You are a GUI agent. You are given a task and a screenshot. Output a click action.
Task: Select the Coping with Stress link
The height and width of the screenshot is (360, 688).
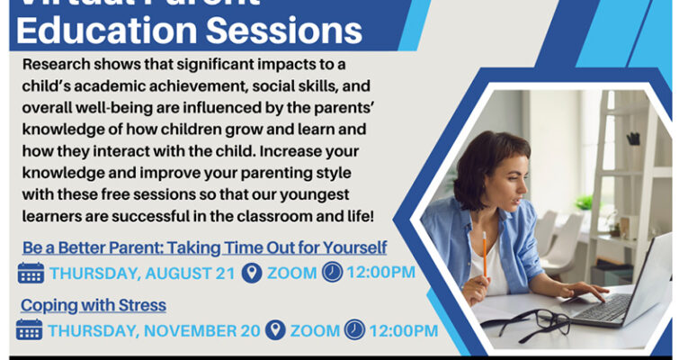tap(93, 305)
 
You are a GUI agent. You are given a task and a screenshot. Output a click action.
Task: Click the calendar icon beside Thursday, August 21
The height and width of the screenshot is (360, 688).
tap(31, 273)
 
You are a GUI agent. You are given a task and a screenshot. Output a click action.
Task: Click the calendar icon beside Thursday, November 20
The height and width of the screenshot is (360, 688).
tap(31, 330)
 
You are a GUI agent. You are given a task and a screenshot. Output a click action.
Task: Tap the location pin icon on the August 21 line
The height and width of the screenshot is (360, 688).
tap(252, 273)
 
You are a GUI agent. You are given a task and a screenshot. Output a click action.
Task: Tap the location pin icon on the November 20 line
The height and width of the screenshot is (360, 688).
tap(276, 330)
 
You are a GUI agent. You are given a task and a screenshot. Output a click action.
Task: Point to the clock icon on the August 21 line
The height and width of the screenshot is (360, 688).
tap(333, 273)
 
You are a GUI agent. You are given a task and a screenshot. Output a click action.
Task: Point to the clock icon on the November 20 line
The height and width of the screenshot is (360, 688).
tap(356, 330)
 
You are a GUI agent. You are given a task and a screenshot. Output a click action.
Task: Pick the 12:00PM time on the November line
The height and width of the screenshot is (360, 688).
tap(404, 330)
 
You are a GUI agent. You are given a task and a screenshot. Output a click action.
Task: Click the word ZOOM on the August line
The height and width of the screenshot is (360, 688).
tap(291, 273)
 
